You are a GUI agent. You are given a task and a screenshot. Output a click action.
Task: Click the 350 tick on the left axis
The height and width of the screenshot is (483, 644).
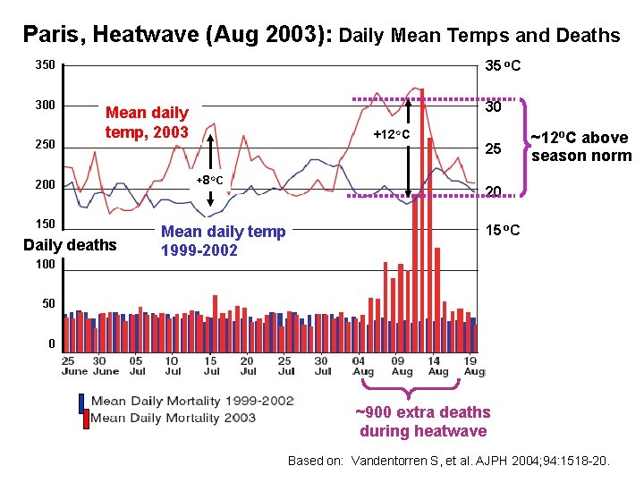[46, 65]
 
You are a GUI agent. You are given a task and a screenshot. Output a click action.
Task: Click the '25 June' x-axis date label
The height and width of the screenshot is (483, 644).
[74, 366]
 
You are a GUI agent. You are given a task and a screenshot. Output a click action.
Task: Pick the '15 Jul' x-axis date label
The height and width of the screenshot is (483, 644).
[211, 366]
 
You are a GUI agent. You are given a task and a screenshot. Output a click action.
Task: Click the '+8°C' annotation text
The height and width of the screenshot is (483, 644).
[210, 181]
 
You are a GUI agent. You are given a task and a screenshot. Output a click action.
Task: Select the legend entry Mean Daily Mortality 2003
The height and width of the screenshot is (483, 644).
[173, 418]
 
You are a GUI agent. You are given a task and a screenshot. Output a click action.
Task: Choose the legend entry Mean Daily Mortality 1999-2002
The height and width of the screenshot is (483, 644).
[191, 402]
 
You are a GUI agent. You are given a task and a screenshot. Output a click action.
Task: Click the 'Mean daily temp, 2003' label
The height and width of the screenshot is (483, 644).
[147, 123]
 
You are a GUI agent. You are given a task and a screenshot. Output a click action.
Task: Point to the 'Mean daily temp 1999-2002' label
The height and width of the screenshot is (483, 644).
[223, 241]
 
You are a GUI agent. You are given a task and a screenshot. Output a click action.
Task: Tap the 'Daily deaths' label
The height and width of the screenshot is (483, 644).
[70, 245]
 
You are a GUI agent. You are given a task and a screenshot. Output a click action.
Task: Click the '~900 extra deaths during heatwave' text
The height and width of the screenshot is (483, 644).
[423, 421]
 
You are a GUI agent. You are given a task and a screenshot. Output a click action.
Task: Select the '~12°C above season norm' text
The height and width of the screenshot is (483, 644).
[580, 147]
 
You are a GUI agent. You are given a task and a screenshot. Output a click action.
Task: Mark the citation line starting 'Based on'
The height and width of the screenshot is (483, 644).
[449, 462]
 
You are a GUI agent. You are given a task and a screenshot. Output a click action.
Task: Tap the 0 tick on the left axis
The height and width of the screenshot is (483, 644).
[51, 344]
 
